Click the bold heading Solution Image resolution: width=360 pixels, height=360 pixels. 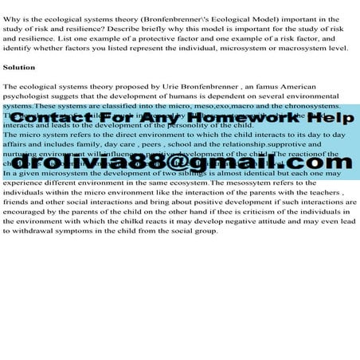tap(19, 67)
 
